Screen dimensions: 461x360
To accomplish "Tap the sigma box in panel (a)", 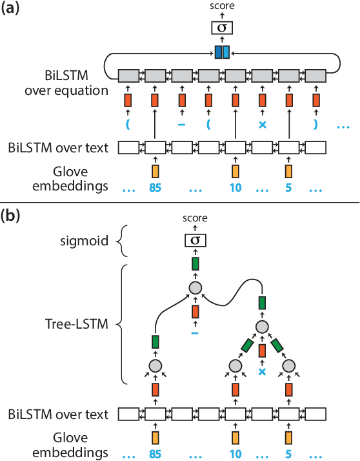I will (222, 28).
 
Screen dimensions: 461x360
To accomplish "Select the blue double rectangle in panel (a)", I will (222, 52).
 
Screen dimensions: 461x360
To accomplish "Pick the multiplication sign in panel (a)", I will (262, 123).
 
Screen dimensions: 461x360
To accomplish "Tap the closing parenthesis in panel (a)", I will (315, 123).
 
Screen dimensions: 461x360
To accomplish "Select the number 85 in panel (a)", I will (155, 190).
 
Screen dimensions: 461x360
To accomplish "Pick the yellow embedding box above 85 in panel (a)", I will (155, 170).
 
